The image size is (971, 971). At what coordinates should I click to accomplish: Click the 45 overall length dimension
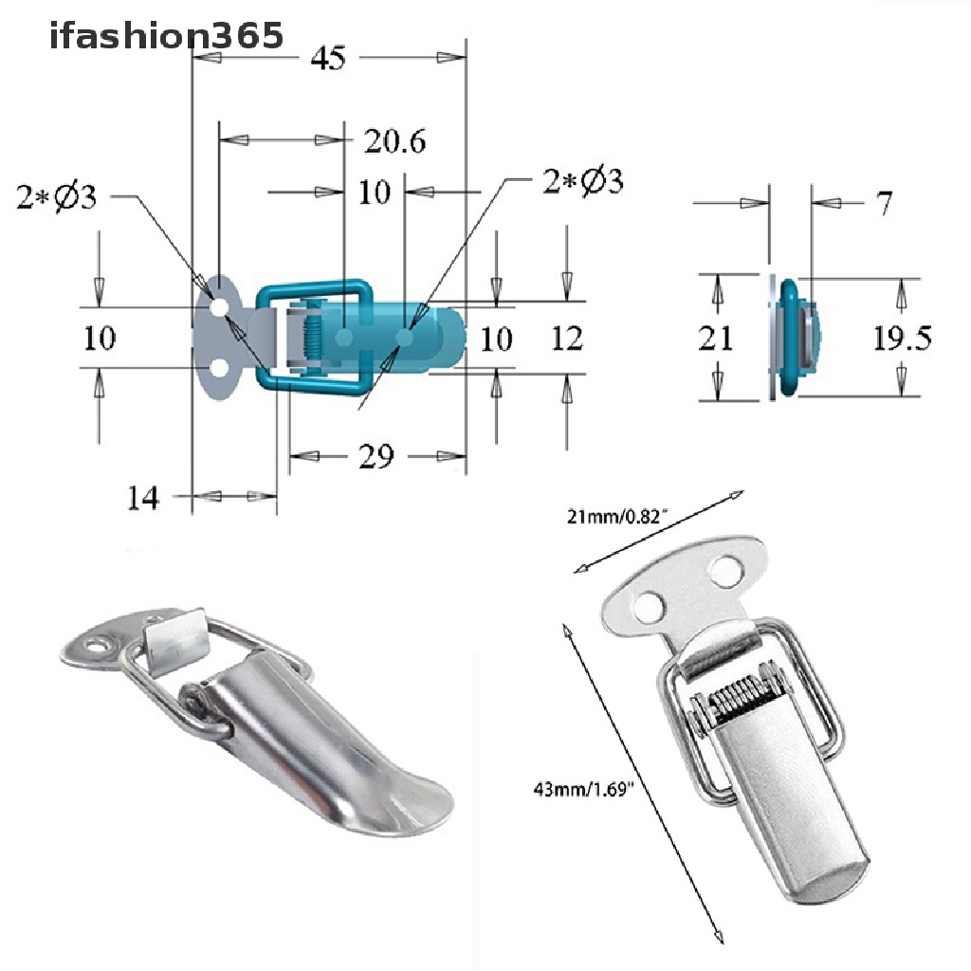click(x=327, y=59)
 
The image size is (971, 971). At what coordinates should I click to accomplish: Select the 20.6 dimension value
click(x=394, y=141)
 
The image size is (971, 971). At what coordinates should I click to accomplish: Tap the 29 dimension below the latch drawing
click(x=376, y=457)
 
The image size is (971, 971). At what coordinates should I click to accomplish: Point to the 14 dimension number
click(x=143, y=497)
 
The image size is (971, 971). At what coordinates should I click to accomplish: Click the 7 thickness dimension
click(x=884, y=203)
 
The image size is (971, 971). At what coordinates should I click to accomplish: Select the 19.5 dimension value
click(x=902, y=338)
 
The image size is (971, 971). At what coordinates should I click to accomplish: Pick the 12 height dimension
click(x=566, y=338)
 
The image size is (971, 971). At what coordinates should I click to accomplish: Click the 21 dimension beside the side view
click(x=715, y=338)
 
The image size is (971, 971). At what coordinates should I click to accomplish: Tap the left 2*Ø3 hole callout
click(x=56, y=197)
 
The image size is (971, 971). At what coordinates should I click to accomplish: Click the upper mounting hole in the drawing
click(x=219, y=307)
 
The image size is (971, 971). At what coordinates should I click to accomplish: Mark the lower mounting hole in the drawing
click(x=219, y=367)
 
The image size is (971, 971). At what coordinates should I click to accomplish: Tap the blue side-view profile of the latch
click(x=793, y=338)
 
